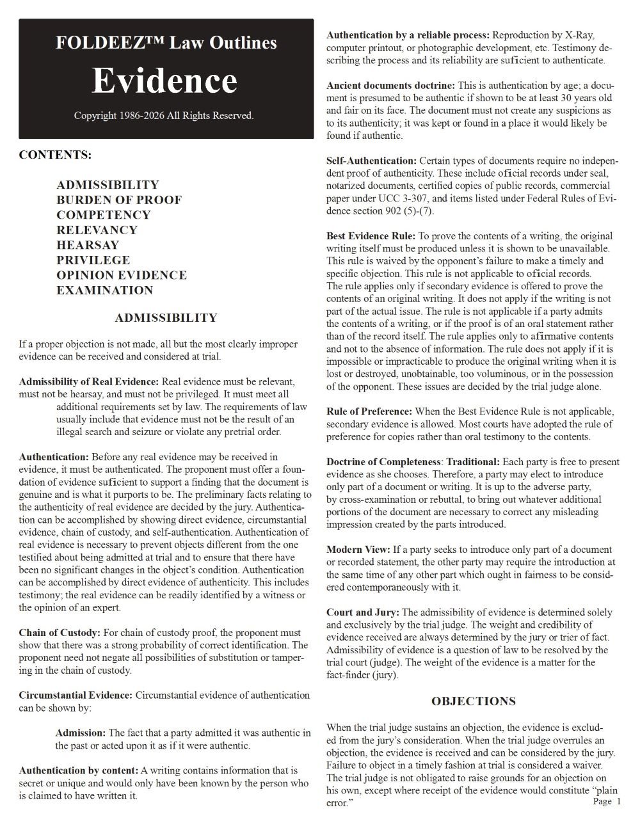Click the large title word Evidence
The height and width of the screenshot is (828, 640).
tap(164, 81)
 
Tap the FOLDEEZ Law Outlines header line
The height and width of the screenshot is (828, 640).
tap(166, 43)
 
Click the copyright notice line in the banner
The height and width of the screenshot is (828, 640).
tap(164, 116)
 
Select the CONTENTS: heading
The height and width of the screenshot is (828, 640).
tap(55, 155)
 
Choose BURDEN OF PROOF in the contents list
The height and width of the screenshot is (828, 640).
tap(119, 200)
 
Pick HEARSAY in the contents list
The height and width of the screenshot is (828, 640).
tap(88, 245)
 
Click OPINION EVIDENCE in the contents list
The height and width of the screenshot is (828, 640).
tap(122, 275)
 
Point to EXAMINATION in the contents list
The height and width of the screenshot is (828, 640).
tap(104, 291)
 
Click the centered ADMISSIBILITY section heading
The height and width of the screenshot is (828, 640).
tap(166, 318)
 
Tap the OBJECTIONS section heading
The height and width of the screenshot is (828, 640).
tap(473, 701)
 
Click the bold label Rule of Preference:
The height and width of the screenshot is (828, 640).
tap(369, 411)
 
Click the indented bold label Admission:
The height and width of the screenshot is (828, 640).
tap(80, 733)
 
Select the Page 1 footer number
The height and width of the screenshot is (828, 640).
tap(607, 801)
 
